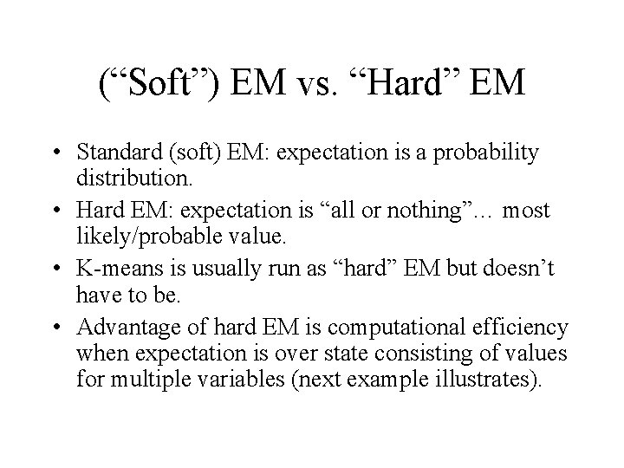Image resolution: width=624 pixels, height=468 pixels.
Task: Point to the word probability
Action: coord(489,153)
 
